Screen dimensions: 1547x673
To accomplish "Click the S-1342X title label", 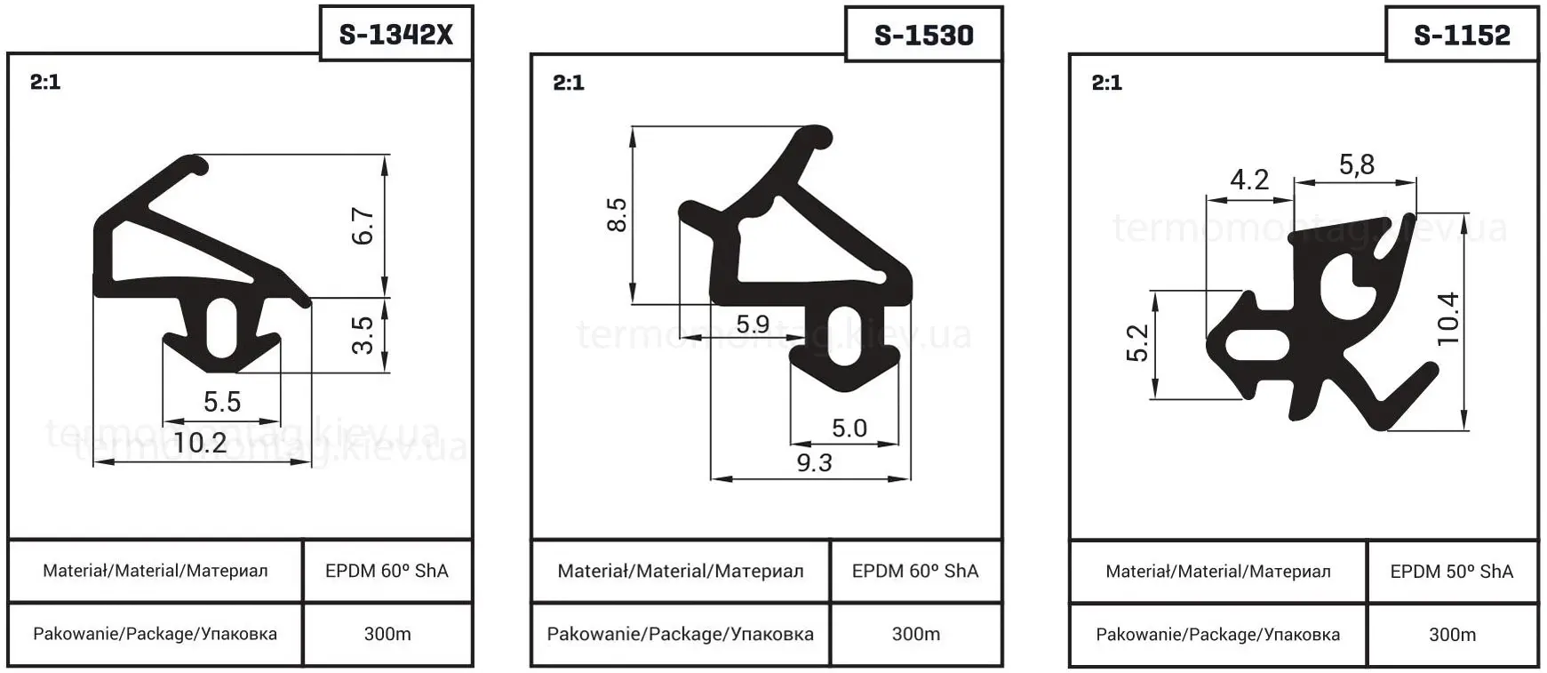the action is pyautogui.click(x=396, y=34).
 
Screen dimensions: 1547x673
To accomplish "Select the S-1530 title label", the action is pyautogui.click(x=924, y=35).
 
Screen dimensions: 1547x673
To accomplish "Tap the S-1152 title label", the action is pyautogui.click(x=1462, y=35).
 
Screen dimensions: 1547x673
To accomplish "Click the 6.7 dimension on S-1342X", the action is pyautogui.click(x=363, y=226).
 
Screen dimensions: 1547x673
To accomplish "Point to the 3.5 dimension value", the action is pyautogui.click(x=363, y=335).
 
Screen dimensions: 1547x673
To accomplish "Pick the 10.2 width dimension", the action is pyautogui.click(x=200, y=442).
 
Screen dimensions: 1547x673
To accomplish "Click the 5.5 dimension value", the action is pyautogui.click(x=222, y=402).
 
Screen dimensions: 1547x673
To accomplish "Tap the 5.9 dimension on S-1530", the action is pyautogui.click(x=753, y=324).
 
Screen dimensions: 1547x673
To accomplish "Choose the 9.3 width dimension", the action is pyautogui.click(x=814, y=462).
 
